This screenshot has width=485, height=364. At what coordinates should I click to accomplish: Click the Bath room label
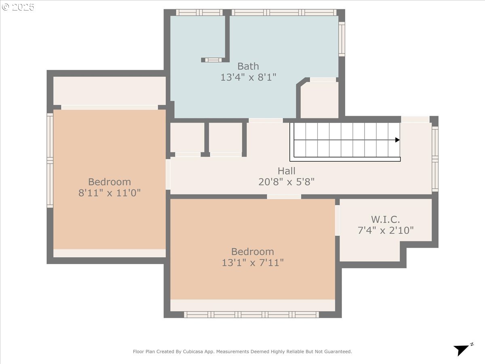pyautogui.click(x=248, y=66)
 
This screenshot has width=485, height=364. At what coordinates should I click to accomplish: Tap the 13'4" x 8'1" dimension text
pyautogui.click(x=248, y=77)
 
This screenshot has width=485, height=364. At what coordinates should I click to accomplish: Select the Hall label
pyautogui.click(x=287, y=171)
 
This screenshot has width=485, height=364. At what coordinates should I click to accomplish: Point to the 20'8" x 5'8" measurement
pyautogui.click(x=287, y=182)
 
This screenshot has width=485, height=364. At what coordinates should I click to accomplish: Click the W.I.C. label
pyautogui.click(x=385, y=220)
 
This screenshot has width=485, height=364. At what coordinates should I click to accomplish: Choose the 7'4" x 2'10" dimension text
pyautogui.click(x=385, y=230)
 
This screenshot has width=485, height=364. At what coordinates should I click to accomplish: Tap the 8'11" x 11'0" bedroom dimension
pyautogui.click(x=110, y=193)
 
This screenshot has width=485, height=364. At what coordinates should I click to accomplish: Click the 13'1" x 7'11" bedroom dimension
pyautogui.click(x=253, y=263)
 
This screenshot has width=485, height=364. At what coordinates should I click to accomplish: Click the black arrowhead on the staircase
pyautogui.click(x=397, y=140)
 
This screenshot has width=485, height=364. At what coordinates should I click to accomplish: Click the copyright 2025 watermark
pyautogui.click(x=18, y=7)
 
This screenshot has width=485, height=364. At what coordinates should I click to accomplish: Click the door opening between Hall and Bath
pyautogui.click(x=266, y=121)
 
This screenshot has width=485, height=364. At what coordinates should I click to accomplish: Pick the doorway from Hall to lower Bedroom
pyautogui.click(x=284, y=197)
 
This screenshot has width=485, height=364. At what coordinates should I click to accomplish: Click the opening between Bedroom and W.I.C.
pyautogui.click(x=337, y=220)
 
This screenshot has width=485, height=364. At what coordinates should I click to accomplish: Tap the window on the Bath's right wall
pyautogui.click(x=342, y=39)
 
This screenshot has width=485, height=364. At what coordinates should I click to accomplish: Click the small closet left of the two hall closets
pyautogui.click(x=188, y=138)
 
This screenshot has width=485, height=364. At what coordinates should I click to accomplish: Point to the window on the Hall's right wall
pyautogui.click(x=435, y=159)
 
